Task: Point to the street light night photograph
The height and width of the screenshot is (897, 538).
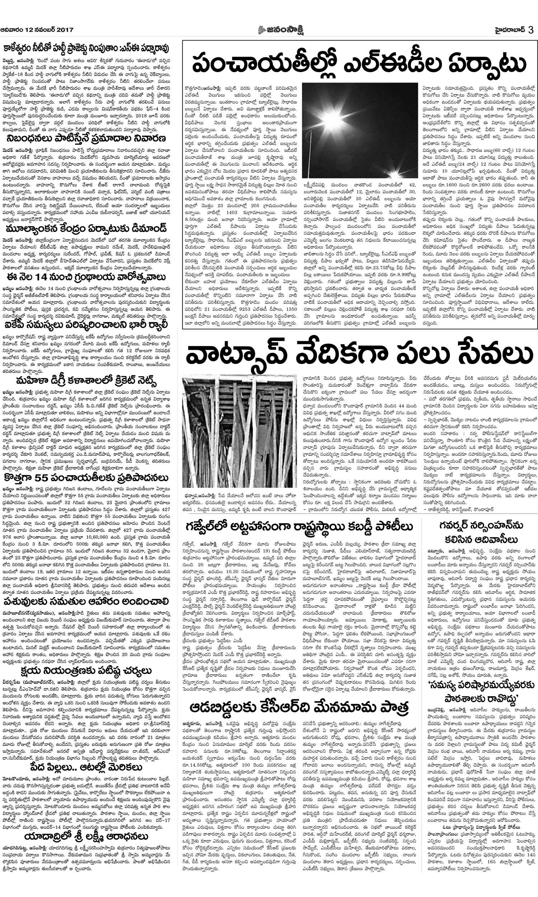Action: (360, 131)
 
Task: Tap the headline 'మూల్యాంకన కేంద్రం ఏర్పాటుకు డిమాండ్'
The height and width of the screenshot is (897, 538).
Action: (86, 229)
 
